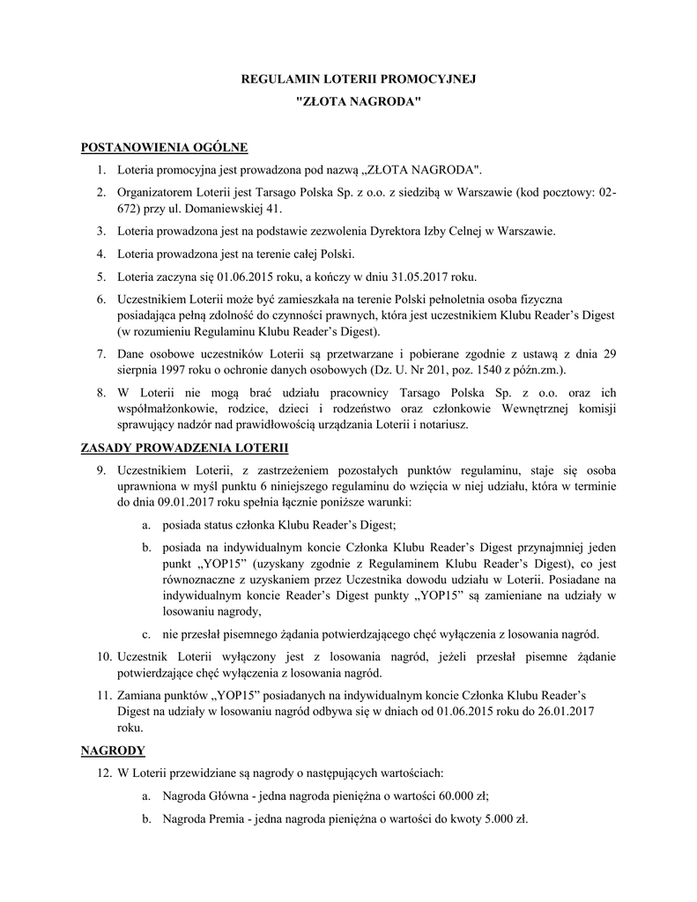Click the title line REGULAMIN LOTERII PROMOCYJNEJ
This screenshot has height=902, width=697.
tap(358, 79)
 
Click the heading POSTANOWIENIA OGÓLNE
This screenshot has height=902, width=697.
tap(164, 146)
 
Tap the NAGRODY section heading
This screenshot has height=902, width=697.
tap(112, 750)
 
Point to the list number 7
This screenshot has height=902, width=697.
tap(101, 354)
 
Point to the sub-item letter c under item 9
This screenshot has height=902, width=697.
tap(145, 634)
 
